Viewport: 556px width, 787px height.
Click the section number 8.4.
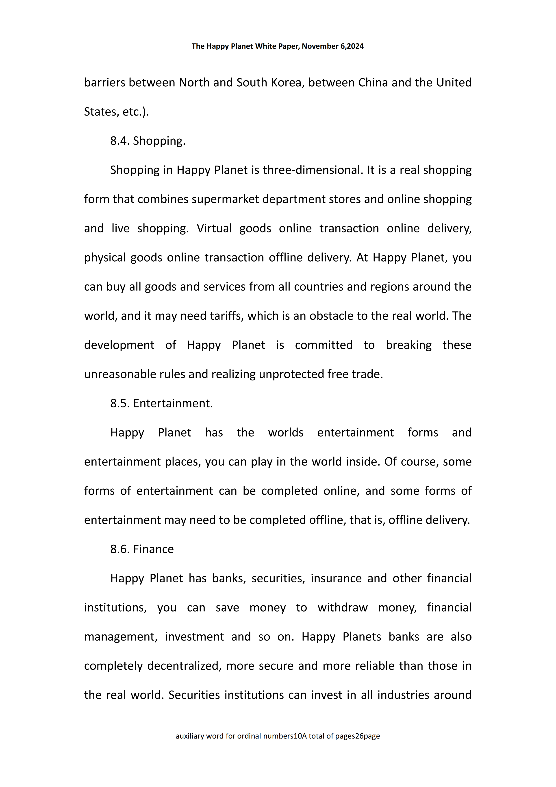119,141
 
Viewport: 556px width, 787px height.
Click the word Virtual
214,228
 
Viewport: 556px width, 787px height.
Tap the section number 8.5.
119,403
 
